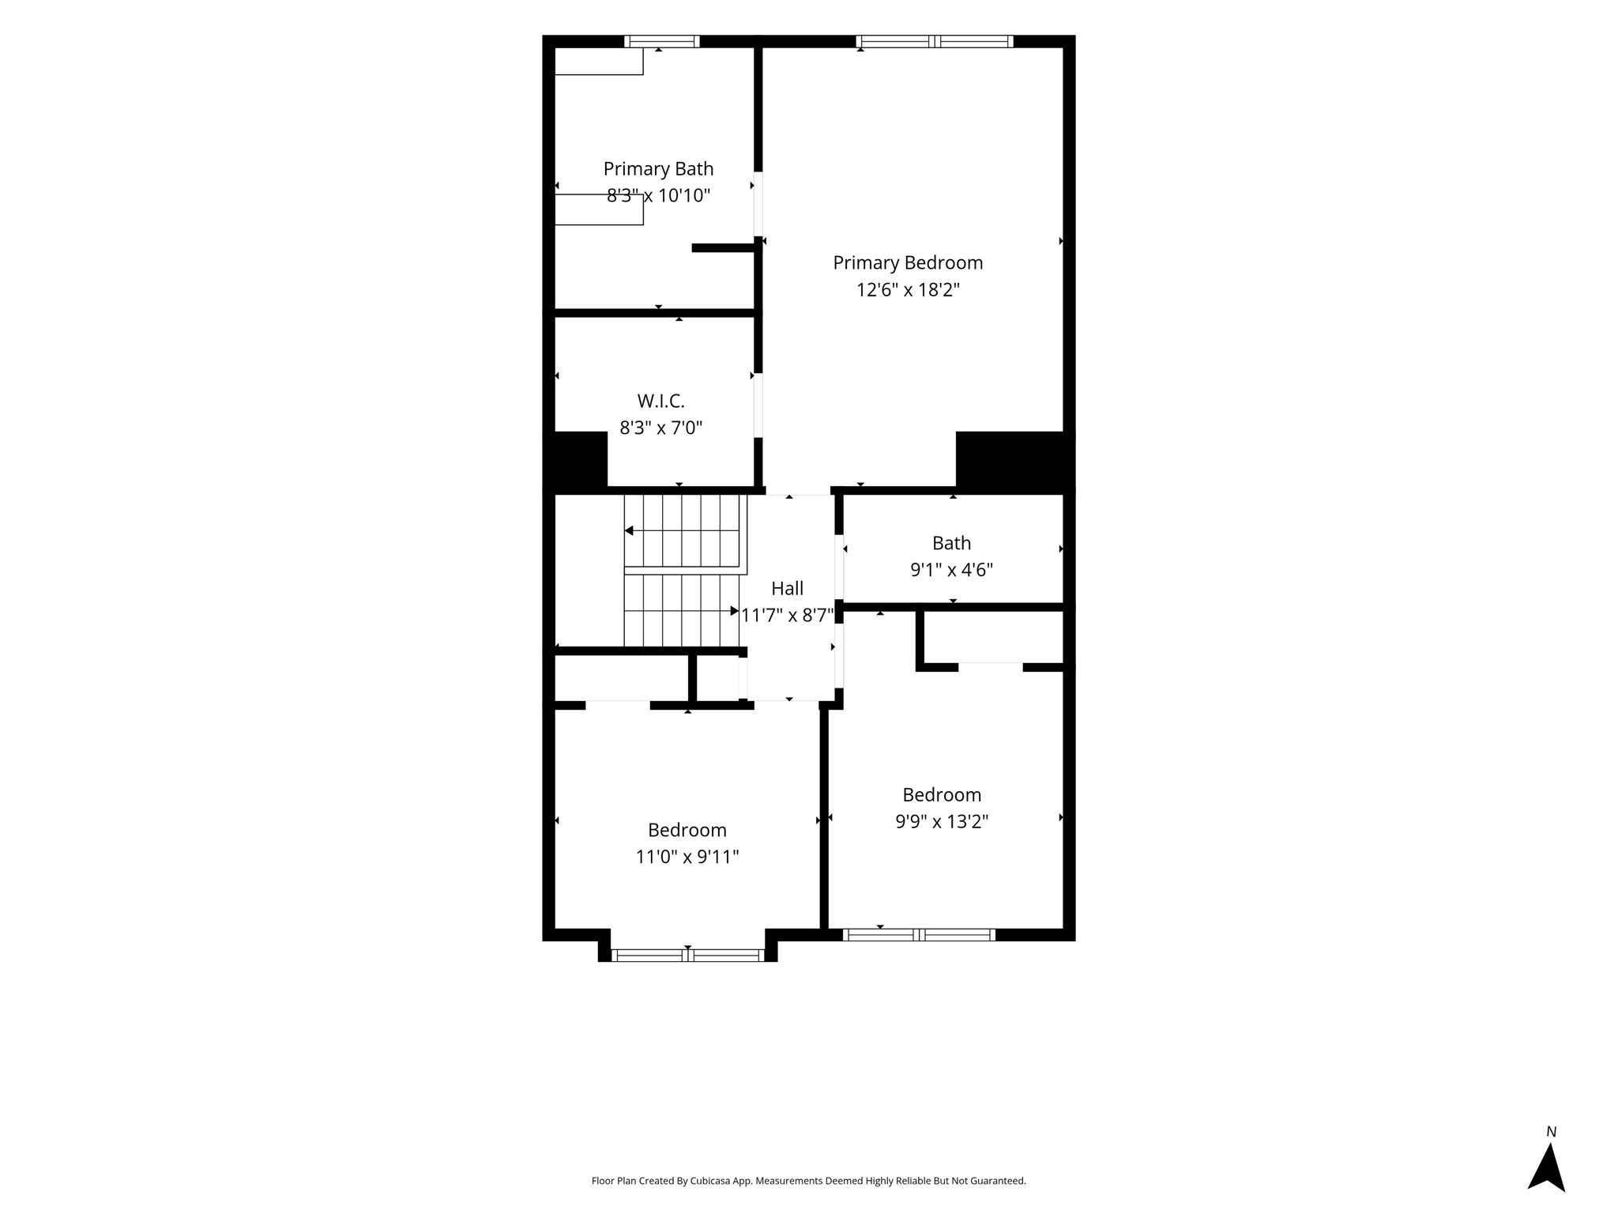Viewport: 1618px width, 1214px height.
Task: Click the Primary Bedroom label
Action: coord(908,263)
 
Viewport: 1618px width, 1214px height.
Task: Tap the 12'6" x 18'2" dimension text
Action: coord(908,290)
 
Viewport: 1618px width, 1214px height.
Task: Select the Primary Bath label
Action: coord(658,169)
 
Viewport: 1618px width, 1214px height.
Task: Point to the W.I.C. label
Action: coord(660,402)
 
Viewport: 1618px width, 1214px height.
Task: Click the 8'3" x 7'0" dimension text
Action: coord(660,428)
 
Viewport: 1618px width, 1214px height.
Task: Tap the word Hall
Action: coord(787,589)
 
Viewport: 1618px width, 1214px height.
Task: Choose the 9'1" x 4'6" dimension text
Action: coord(951,570)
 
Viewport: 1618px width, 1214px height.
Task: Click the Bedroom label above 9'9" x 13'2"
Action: coord(942,795)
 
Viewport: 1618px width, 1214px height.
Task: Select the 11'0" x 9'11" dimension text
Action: coord(687,857)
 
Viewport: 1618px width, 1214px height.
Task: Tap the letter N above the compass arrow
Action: coord(1551,1132)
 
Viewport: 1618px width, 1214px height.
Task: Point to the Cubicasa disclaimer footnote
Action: coord(808,1181)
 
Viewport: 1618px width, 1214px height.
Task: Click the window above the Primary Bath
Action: coord(661,42)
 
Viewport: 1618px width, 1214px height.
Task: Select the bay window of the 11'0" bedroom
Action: coord(687,956)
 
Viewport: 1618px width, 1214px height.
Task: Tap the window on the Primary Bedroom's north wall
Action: coord(935,42)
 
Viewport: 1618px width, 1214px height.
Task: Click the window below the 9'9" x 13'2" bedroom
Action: coord(919,935)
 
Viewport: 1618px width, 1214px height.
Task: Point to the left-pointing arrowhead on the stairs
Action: coord(629,531)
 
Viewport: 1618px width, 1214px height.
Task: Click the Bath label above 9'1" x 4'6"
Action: coord(951,543)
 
